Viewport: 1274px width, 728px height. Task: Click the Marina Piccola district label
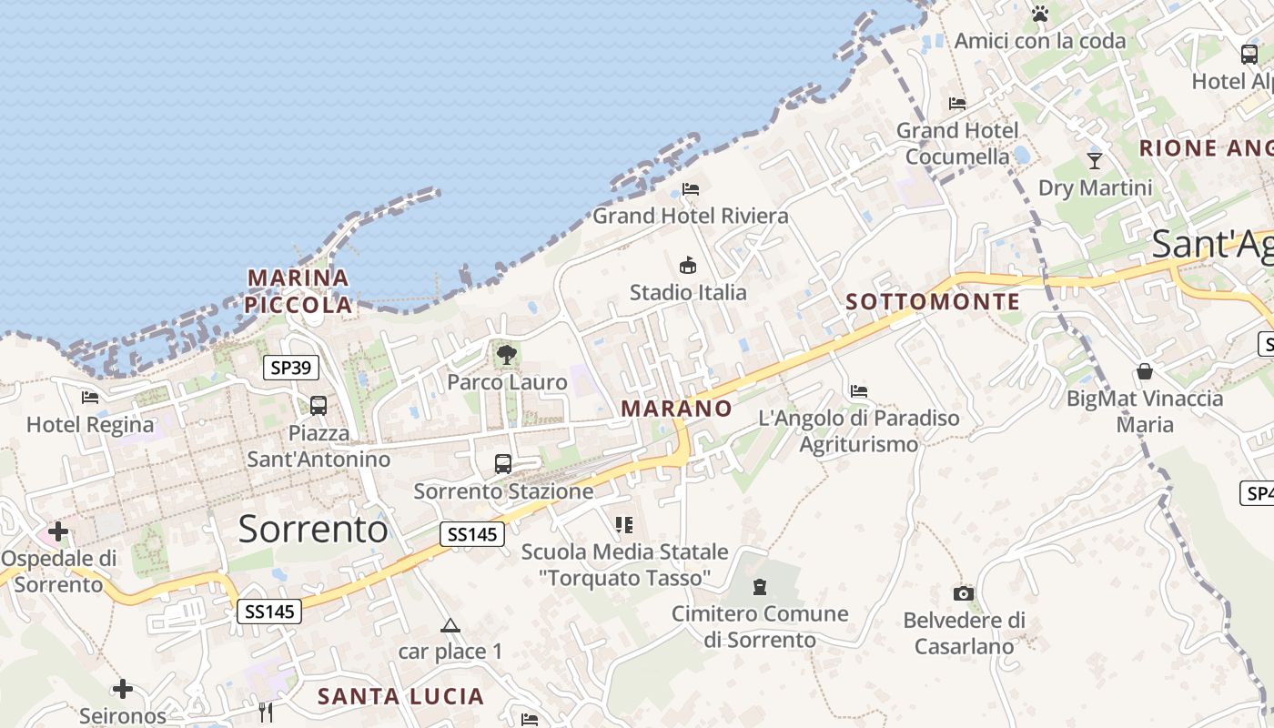click(298, 291)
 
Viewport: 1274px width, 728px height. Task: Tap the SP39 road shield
click(291, 368)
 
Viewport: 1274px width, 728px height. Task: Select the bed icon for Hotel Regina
click(89, 398)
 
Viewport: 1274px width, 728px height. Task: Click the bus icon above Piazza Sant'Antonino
click(318, 406)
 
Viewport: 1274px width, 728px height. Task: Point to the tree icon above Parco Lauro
click(507, 355)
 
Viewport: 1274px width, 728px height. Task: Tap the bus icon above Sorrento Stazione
click(503, 464)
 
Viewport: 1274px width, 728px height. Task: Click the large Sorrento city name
click(313, 529)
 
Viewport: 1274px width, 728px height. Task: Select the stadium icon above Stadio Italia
click(688, 266)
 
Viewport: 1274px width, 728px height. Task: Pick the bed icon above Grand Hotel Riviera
click(691, 189)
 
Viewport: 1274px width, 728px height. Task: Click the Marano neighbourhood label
click(676, 409)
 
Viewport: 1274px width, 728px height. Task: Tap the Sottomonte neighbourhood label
click(933, 301)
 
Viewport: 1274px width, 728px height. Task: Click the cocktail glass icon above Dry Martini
click(1095, 161)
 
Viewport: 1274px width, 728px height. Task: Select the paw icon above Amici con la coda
click(1040, 14)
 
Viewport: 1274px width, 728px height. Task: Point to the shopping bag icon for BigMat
click(1145, 371)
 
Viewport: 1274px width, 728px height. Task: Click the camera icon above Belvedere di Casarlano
click(964, 594)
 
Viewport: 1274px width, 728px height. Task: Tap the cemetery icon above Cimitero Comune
click(760, 587)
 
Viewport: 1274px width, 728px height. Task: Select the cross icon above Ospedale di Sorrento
click(58, 531)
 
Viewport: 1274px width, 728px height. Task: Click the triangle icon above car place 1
click(450, 625)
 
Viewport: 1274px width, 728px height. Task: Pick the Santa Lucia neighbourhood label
click(400, 697)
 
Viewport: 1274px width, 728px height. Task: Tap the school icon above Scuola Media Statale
click(624, 524)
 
